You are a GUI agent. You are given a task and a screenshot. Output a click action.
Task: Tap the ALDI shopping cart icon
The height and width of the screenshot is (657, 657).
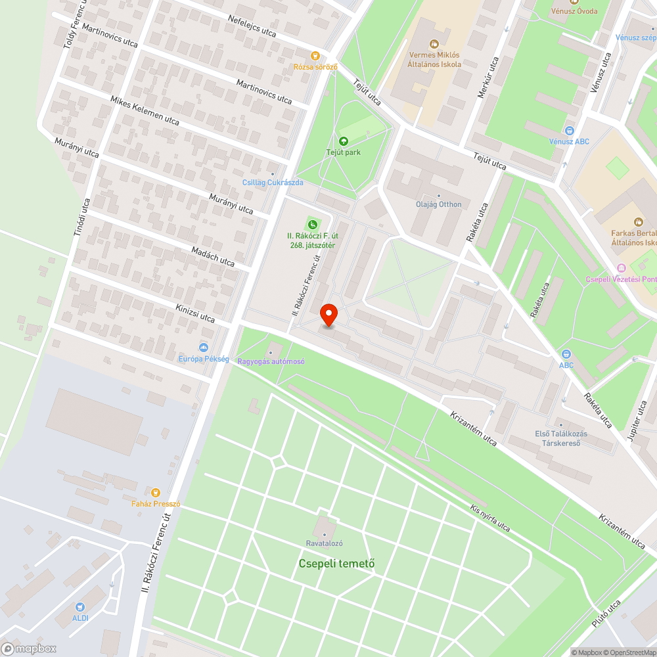click(x=80, y=608)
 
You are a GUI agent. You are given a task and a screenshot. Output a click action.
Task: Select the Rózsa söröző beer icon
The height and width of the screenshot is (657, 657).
click(x=315, y=56)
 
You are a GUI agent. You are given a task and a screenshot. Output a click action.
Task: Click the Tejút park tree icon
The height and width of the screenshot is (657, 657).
click(x=343, y=141)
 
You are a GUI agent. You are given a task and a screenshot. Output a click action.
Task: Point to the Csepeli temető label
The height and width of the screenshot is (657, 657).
click(x=336, y=563)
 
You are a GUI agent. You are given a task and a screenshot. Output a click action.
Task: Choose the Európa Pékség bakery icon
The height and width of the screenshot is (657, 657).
click(x=204, y=348)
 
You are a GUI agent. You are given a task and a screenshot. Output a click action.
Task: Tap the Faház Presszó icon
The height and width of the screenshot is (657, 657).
click(x=155, y=492)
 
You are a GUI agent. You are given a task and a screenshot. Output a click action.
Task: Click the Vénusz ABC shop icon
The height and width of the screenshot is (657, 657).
click(x=569, y=130)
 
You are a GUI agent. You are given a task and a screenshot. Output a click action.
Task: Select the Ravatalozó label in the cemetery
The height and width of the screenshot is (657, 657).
click(x=324, y=543)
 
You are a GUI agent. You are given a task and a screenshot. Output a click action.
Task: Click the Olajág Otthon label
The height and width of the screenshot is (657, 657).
click(x=439, y=204)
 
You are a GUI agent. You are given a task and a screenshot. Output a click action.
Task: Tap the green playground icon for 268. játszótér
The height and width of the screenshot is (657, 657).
click(x=312, y=225)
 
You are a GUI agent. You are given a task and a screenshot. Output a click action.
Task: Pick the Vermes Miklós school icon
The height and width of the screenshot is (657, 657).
click(x=434, y=44)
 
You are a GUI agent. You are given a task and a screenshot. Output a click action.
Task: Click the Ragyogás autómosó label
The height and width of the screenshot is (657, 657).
click(x=271, y=361)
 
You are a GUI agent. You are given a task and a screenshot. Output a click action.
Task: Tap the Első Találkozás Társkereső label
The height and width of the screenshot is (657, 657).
click(x=560, y=438)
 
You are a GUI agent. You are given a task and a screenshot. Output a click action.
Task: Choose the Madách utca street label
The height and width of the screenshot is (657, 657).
click(x=212, y=256)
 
